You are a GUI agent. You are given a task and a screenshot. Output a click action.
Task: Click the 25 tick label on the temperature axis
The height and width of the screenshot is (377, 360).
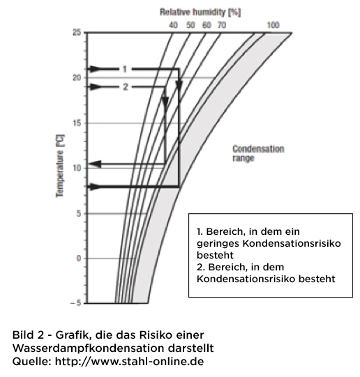click(x=77, y=33)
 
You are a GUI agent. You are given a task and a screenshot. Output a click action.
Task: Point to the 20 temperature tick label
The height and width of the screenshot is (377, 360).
click(x=77, y=78)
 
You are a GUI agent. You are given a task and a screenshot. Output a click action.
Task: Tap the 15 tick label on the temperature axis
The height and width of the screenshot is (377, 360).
click(x=77, y=123)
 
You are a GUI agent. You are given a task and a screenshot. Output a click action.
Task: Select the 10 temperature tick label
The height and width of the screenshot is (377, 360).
click(x=77, y=168)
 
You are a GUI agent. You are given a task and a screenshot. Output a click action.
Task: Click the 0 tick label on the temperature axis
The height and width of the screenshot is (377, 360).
click(x=79, y=259)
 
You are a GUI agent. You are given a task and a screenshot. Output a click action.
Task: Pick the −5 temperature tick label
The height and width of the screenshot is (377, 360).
click(x=75, y=303)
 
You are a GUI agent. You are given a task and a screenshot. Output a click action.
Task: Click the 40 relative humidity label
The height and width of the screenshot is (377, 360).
click(x=173, y=25)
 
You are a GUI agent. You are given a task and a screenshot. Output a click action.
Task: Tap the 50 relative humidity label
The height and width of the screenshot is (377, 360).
click(x=190, y=25)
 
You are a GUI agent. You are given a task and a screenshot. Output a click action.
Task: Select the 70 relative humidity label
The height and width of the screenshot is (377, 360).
click(x=222, y=25)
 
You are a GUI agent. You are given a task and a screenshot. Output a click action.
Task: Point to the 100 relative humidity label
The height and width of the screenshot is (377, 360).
click(x=273, y=25)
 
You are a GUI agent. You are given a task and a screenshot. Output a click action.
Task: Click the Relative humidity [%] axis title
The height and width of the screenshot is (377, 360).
click(x=200, y=13)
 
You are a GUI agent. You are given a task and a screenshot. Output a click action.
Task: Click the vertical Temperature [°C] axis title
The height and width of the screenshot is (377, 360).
click(x=60, y=166)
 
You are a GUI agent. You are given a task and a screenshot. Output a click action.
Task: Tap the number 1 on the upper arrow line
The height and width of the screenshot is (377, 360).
click(x=125, y=69)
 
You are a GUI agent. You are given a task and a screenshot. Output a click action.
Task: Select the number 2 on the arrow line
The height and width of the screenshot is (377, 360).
click(x=126, y=87)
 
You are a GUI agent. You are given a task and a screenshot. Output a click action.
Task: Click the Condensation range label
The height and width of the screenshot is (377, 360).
click(x=258, y=153)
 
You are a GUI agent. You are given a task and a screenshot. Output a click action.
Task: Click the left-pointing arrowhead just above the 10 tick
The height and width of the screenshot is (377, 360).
click(x=96, y=164)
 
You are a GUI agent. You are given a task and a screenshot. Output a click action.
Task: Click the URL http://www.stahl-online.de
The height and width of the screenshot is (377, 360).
click(x=130, y=362)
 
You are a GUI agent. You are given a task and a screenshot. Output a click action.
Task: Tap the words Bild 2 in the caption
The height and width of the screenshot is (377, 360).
click(x=28, y=335)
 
